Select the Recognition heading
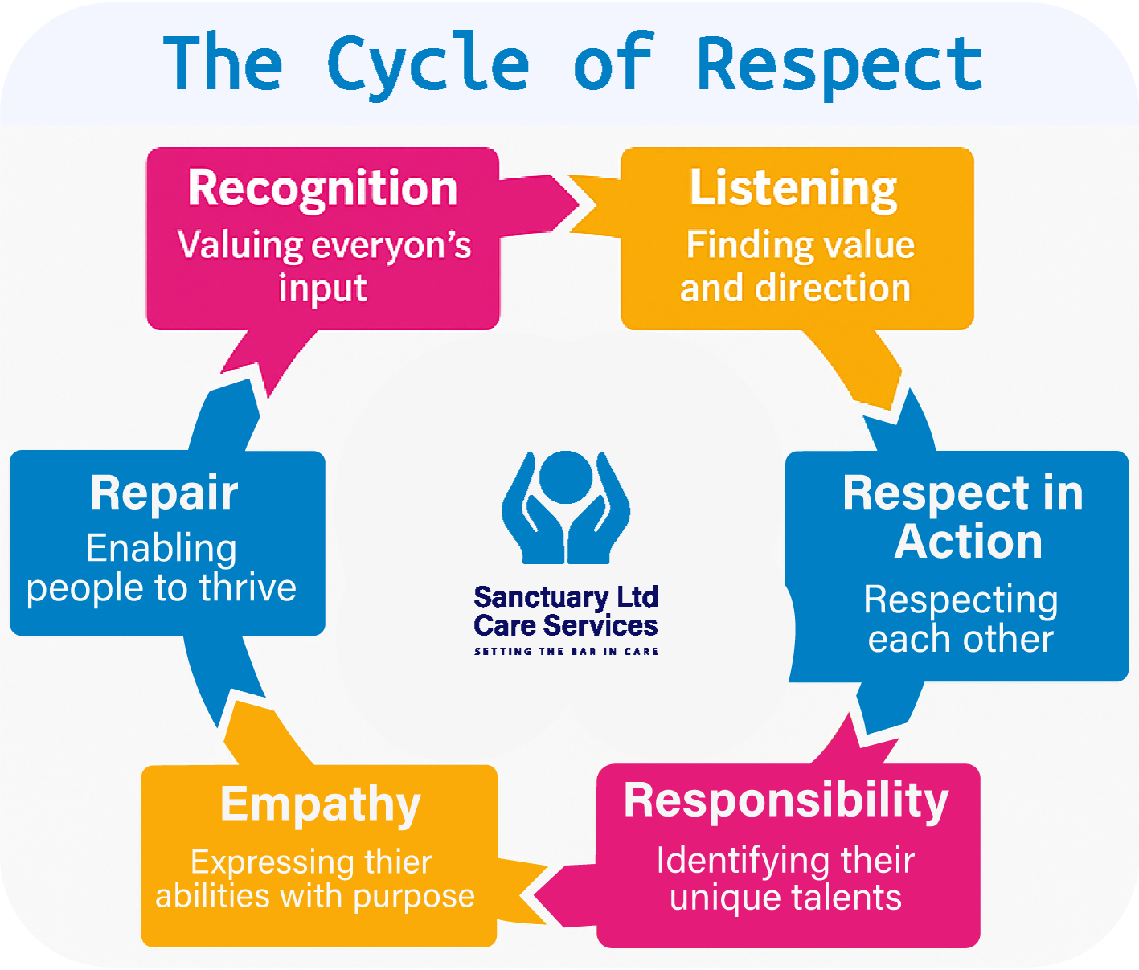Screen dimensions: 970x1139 [322, 188]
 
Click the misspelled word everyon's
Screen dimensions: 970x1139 [392, 246]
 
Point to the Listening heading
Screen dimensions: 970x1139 [793, 188]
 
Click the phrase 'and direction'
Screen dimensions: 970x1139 [795, 289]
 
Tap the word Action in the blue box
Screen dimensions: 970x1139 [969, 542]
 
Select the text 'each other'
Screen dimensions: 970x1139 [961, 640]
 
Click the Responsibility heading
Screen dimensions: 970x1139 [786, 800]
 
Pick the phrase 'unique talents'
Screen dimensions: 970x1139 [785, 898]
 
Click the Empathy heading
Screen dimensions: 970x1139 [320, 804]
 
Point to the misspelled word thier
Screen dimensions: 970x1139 [398, 862]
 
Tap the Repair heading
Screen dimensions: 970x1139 [164, 493]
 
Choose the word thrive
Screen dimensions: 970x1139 [248, 588]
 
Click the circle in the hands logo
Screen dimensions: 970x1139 [566, 476]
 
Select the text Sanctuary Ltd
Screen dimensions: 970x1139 [566, 597]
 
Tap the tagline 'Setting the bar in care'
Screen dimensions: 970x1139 [566, 651]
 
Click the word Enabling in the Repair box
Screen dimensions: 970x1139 [162, 549]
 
